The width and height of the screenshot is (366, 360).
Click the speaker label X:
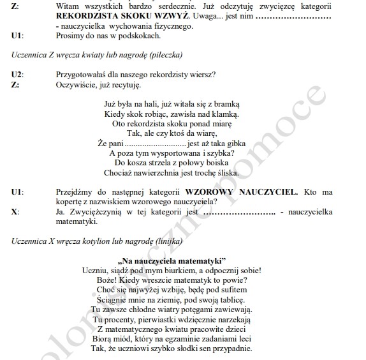point(15,211)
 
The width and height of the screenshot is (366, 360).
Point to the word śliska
point(226,173)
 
